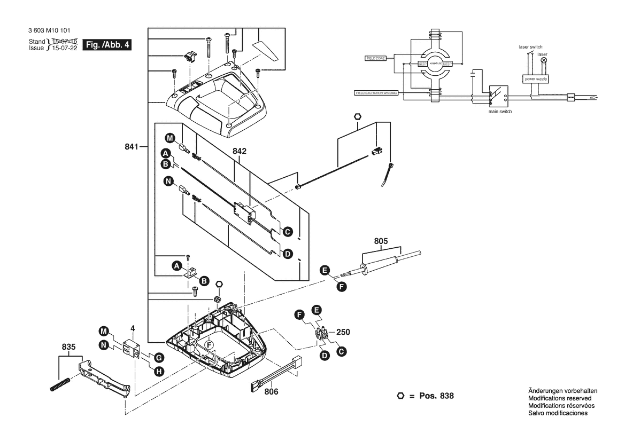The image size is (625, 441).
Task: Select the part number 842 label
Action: tap(240, 152)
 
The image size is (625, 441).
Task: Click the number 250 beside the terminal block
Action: tap(343, 332)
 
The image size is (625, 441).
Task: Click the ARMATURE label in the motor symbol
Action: tap(431, 64)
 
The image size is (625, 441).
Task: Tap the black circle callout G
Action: tap(158, 357)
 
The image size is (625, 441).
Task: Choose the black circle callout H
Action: tap(159, 371)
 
